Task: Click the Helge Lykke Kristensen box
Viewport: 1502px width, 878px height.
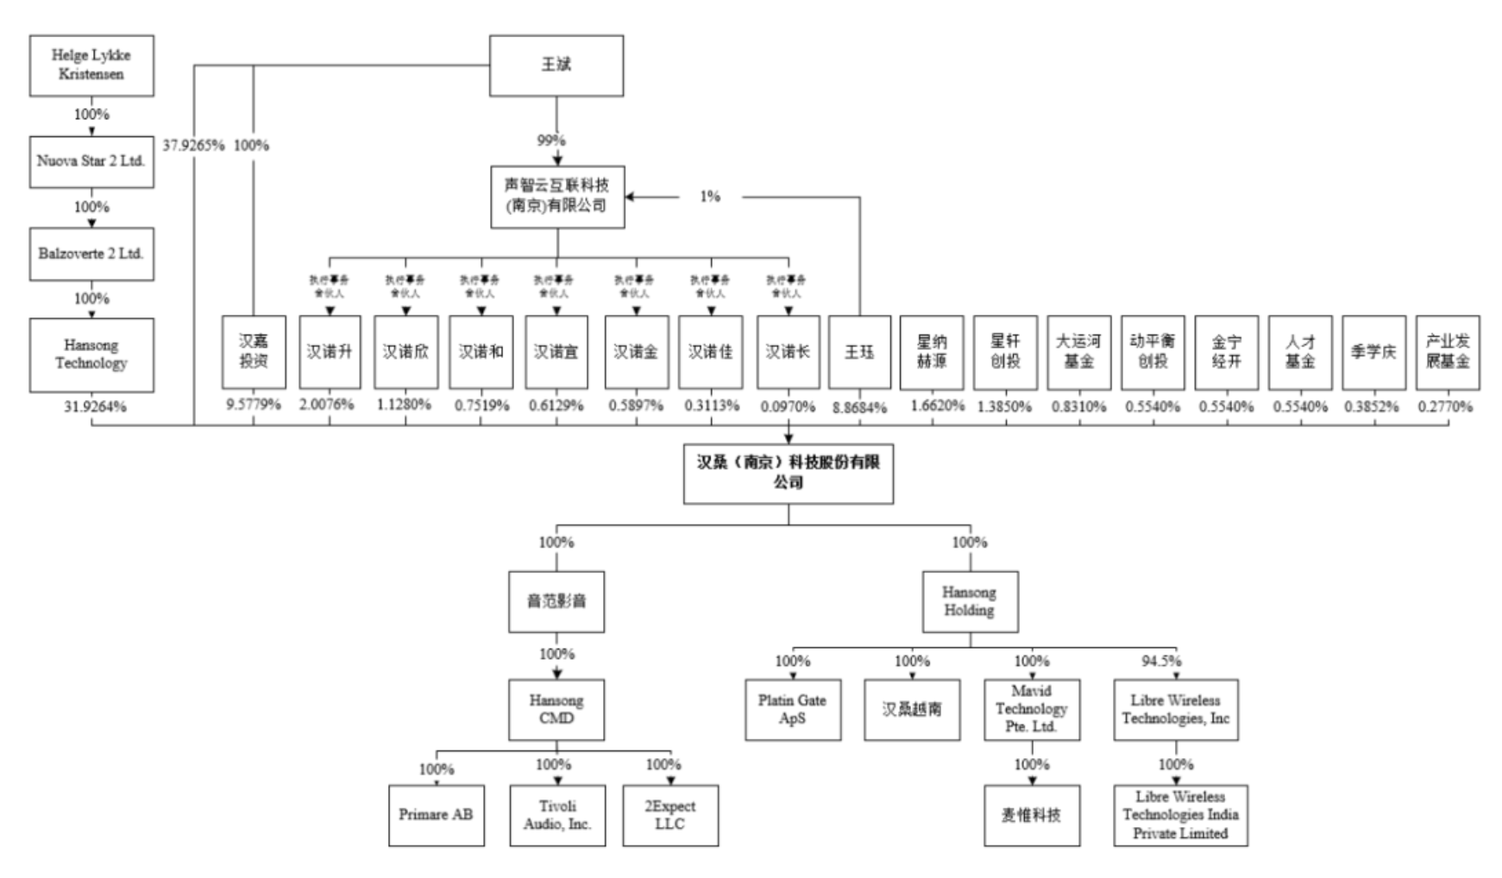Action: [91, 65]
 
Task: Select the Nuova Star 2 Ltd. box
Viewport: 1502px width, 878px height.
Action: [91, 161]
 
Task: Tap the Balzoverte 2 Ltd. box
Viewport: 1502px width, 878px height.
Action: [91, 254]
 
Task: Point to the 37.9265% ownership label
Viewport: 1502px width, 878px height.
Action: [194, 145]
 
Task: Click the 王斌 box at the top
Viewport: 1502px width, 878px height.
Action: [556, 65]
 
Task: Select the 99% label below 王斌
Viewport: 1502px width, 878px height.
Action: [551, 140]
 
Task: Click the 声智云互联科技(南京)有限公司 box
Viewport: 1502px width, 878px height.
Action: [557, 197]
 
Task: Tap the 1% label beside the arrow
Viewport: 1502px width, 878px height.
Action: [709, 197]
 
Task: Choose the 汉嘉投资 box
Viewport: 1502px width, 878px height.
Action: [254, 352]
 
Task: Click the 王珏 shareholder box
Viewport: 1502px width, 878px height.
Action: [859, 352]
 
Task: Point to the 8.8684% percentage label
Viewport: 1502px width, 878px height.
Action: [859, 408]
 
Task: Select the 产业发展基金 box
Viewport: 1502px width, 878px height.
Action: [1447, 352]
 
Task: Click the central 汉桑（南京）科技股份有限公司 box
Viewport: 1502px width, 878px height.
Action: [788, 473]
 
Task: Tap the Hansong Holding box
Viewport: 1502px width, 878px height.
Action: [969, 601]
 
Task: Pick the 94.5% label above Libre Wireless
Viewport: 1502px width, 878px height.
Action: [1161, 661]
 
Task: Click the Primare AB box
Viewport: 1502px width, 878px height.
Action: [436, 814]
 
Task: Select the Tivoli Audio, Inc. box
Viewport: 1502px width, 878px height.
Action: [557, 814]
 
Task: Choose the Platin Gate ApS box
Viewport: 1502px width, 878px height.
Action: [792, 709]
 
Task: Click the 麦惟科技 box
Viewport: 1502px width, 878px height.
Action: [1031, 814]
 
